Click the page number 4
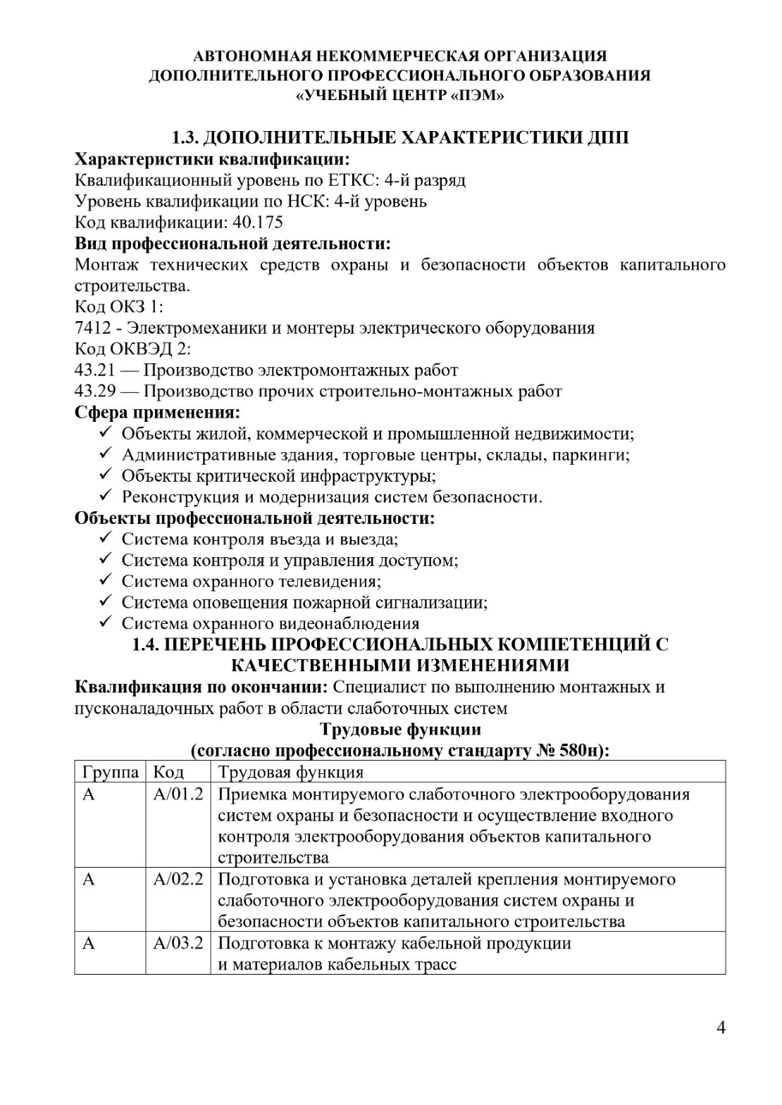721,1028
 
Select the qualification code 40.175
257,223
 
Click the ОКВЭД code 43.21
94,370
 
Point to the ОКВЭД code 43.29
94,392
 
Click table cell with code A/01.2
178,794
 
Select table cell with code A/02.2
178,880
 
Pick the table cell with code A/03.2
178,943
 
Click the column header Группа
110,772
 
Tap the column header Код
168,772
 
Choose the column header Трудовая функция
290,772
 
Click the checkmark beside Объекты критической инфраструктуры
106,475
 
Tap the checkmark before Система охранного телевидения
106,581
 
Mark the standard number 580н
579,751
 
